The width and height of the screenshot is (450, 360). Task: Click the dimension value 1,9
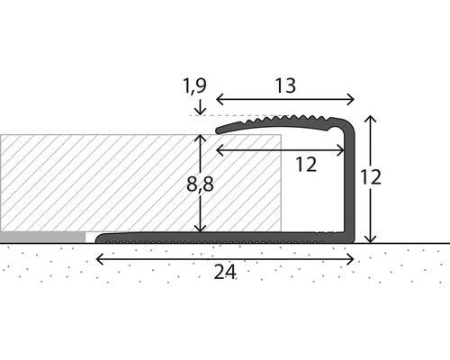pyautogui.click(x=195, y=86)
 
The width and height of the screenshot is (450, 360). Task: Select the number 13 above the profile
pyautogui.click(x=285, y=86)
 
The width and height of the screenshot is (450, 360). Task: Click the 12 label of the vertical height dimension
pyautogui.click(x=369, y=177)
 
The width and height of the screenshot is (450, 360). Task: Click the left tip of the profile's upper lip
pyautogui.click(x=219, y=130)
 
